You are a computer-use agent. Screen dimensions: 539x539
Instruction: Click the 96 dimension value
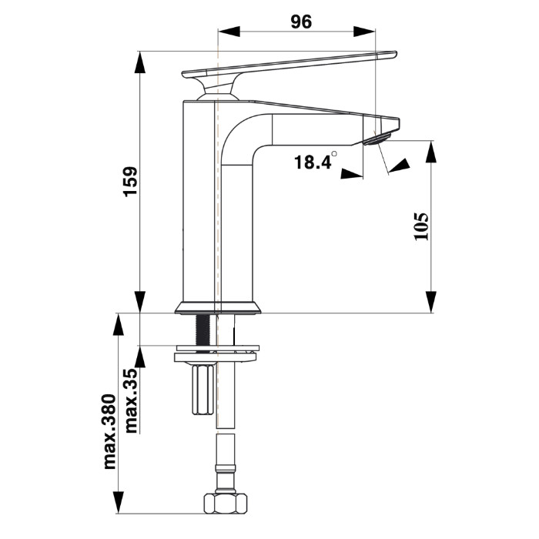coord(301,22)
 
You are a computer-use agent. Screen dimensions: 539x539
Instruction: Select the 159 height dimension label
coord(130,182)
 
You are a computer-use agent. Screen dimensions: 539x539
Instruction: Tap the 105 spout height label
coord(421,226)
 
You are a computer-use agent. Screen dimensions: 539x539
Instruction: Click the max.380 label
coord(110,432)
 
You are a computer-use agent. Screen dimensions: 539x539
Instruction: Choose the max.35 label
coord(131,401)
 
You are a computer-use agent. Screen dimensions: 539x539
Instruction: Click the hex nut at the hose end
coord(226,504)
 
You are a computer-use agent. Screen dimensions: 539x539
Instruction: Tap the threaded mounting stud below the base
coord(203,332)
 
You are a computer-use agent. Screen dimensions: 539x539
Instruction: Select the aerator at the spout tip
coord(377,139)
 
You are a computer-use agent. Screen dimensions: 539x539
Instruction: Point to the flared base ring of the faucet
coord(218,307)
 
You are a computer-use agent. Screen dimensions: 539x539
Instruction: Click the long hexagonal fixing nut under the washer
coord(203,390)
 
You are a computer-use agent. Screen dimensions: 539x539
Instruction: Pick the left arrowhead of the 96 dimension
coord(229,32)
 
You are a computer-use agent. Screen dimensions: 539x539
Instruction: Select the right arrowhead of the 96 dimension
coord(364,32)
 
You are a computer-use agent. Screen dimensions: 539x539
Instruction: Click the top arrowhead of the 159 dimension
coord(139,62)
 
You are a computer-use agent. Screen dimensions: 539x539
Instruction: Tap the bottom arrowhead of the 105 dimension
coord(431,302)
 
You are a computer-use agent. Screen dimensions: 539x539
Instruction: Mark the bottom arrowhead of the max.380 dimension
coord(119,503)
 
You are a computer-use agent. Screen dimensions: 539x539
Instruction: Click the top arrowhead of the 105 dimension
coord(431,152)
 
